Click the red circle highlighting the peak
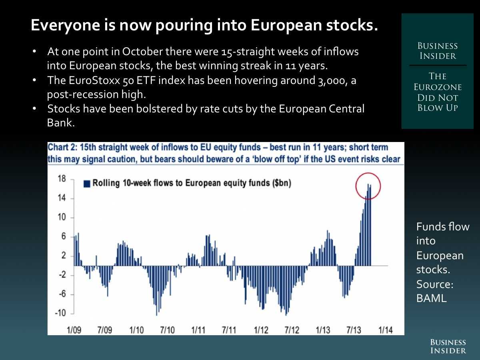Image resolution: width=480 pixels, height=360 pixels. click(368, 186)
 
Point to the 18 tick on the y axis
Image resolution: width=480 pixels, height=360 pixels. click(62, 179)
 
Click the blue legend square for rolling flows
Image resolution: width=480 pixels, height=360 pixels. click(87, 184)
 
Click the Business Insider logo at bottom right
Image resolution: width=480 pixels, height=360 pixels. click(448, 346)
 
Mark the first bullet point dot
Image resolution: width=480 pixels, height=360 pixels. click(35, 52)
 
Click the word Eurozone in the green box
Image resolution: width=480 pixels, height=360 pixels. click(438, 87)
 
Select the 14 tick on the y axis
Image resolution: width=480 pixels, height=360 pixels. click(62, 198)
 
